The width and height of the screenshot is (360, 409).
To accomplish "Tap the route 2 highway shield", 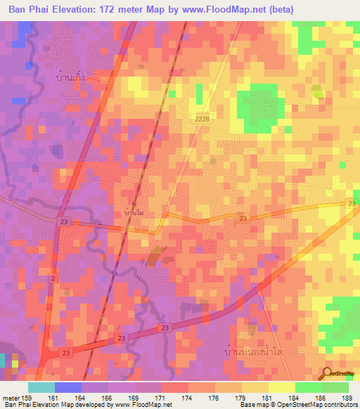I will pyautogui.click(x=52, y=279).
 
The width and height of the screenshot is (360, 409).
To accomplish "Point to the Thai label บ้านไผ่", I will pyautogui.click(x=134, y=211).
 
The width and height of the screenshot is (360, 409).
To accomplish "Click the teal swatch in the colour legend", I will pyautogui.click(x=41, y=387).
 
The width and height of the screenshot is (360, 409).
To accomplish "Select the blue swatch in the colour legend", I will pyautogui.click(x=68, y=387).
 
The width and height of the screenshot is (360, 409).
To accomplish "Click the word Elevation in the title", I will pyautogui.click(x=77, y=9).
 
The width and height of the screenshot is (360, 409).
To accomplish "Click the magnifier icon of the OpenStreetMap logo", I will pyautogui.click(x=328, y=373).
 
